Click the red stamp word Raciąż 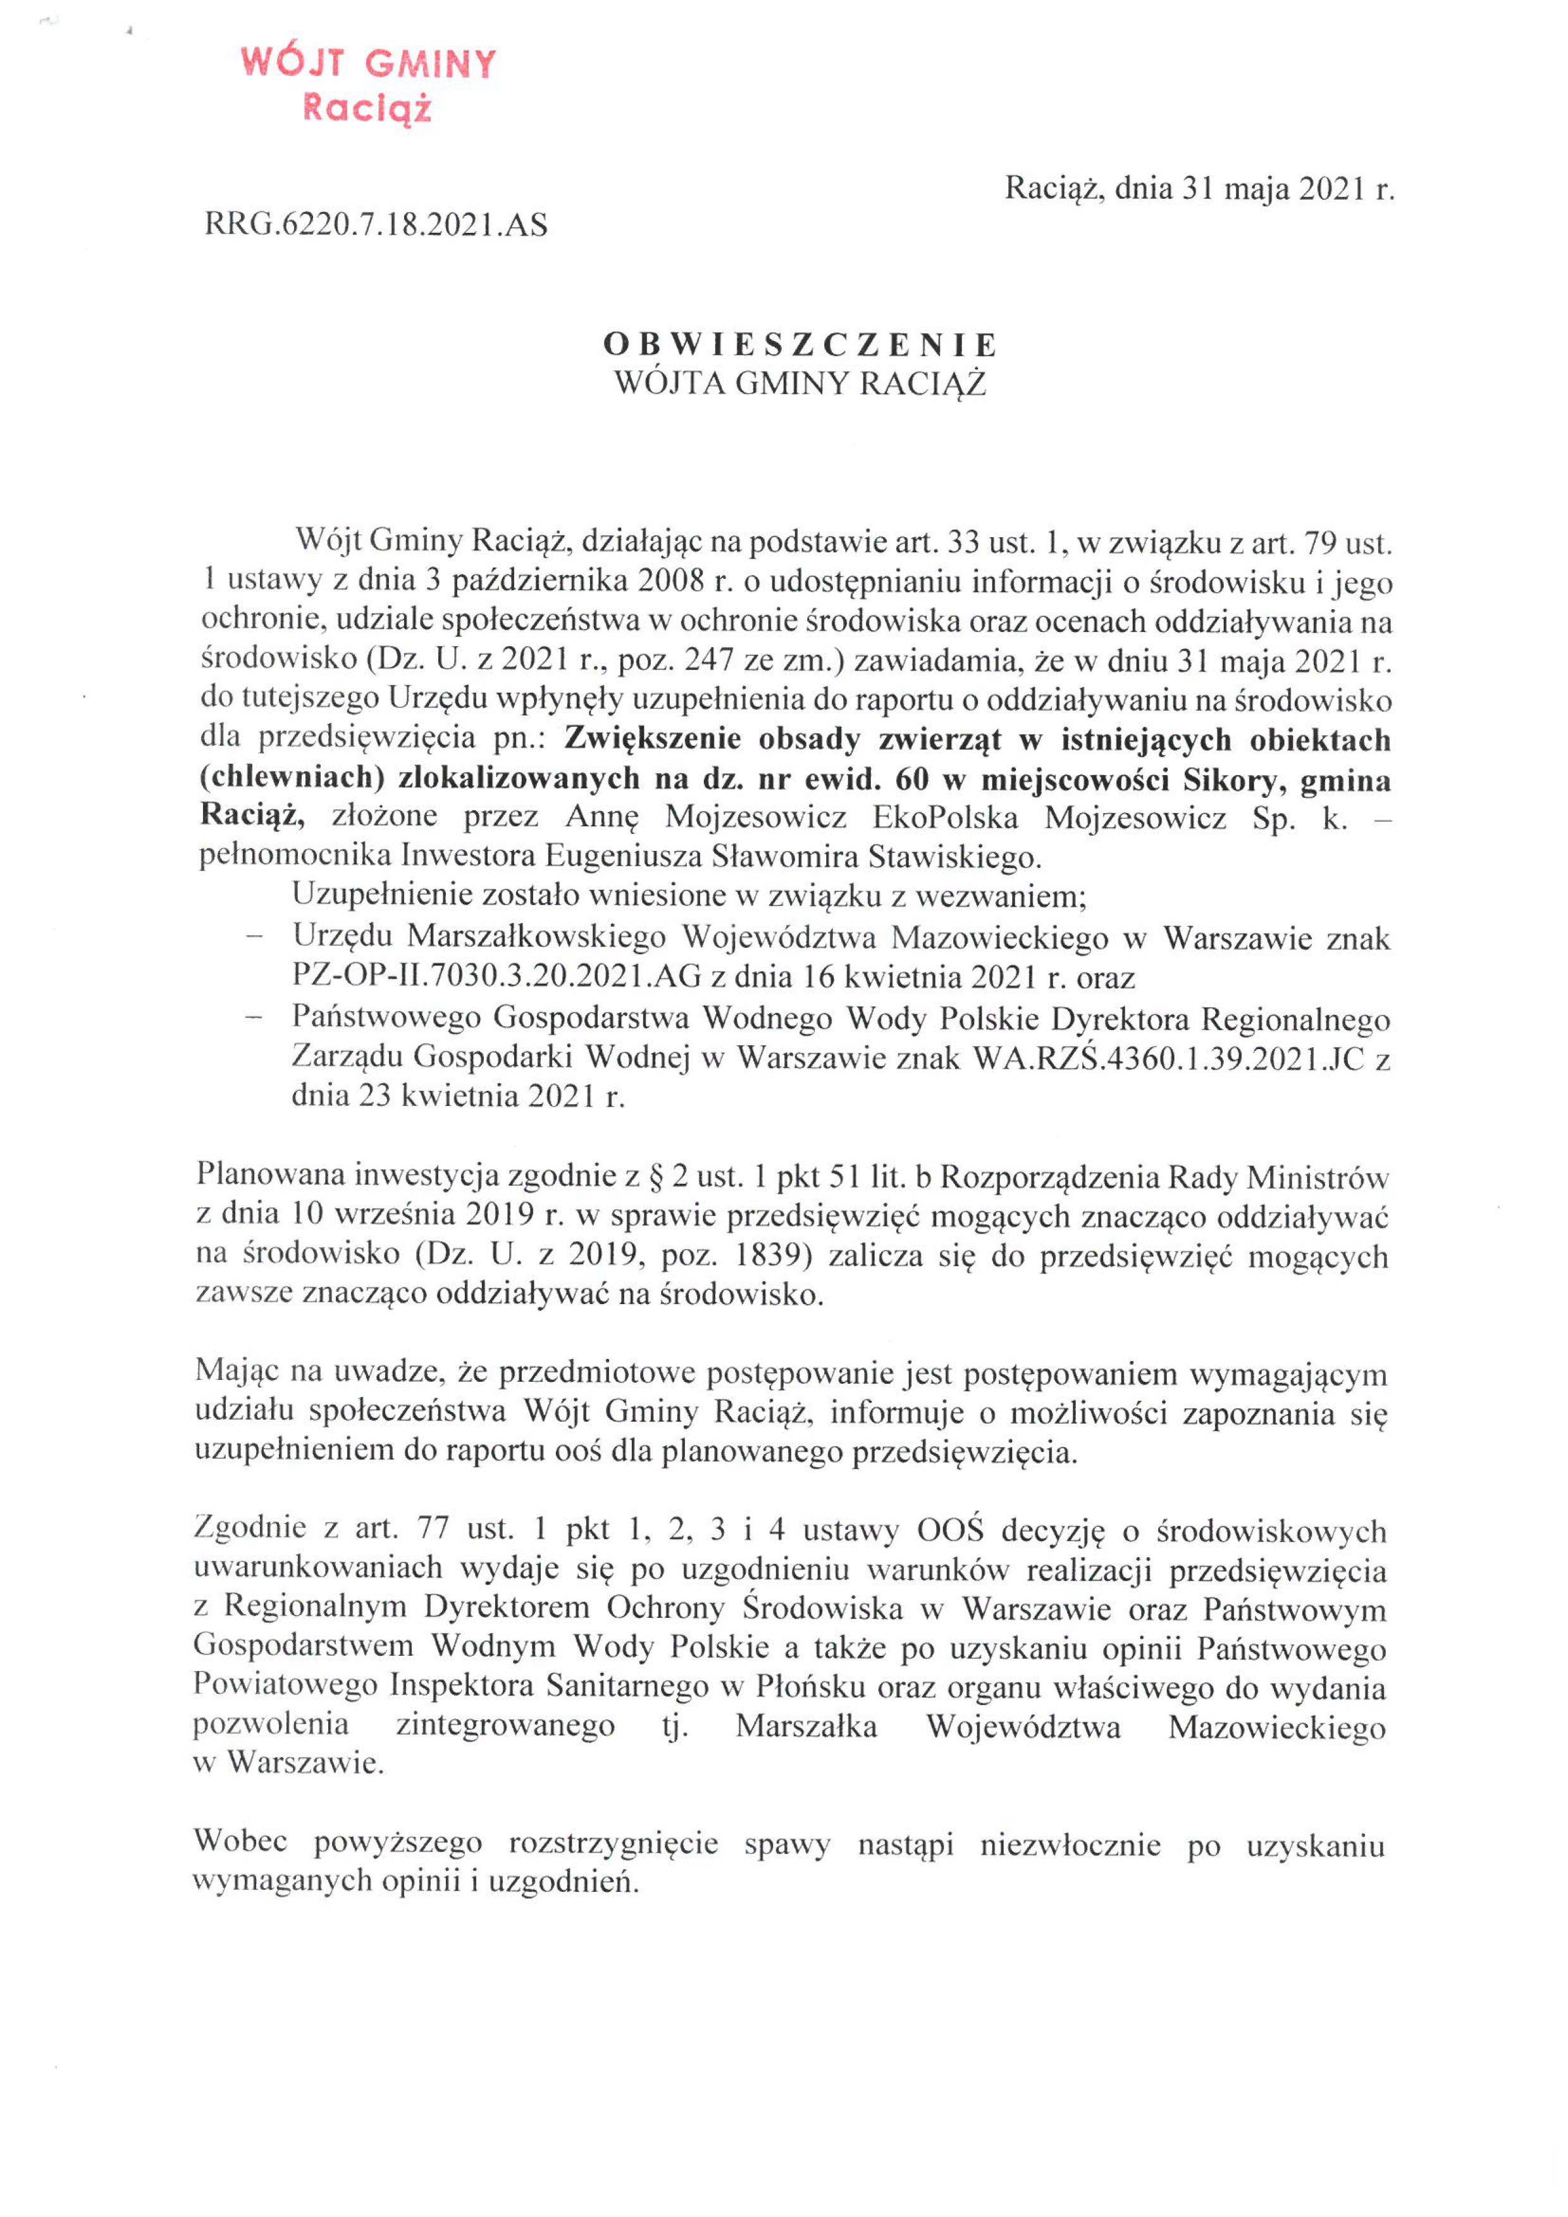click(367, 108)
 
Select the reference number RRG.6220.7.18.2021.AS click(376, 225)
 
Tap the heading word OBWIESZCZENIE click(800, 345)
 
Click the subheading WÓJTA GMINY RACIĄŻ click(800, 383)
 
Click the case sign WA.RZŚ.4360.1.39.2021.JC click(1168, 1059)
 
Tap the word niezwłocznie click(1070, 1844)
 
